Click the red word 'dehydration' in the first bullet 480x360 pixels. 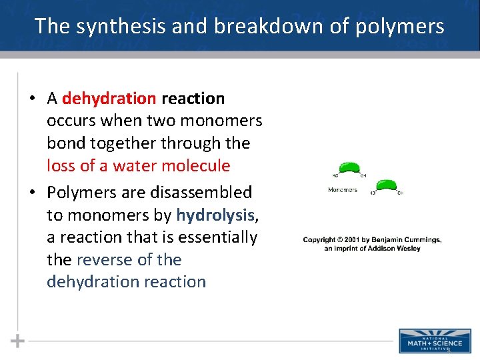[x=109, y=99]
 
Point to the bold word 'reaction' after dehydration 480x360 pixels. [x=193, y=99]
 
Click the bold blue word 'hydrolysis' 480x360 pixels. [x=215, y=215]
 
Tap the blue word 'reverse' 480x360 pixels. [x=101, y=259]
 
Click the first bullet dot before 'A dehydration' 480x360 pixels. [x=32, y=99]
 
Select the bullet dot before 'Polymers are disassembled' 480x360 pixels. [x=32, y=193]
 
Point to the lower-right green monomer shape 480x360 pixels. [x=386, y=185]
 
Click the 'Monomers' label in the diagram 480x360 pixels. [x=343, y=190]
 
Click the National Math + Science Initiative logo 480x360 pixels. [x=430, y=340]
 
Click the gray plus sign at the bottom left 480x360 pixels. [x=17, y=341]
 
